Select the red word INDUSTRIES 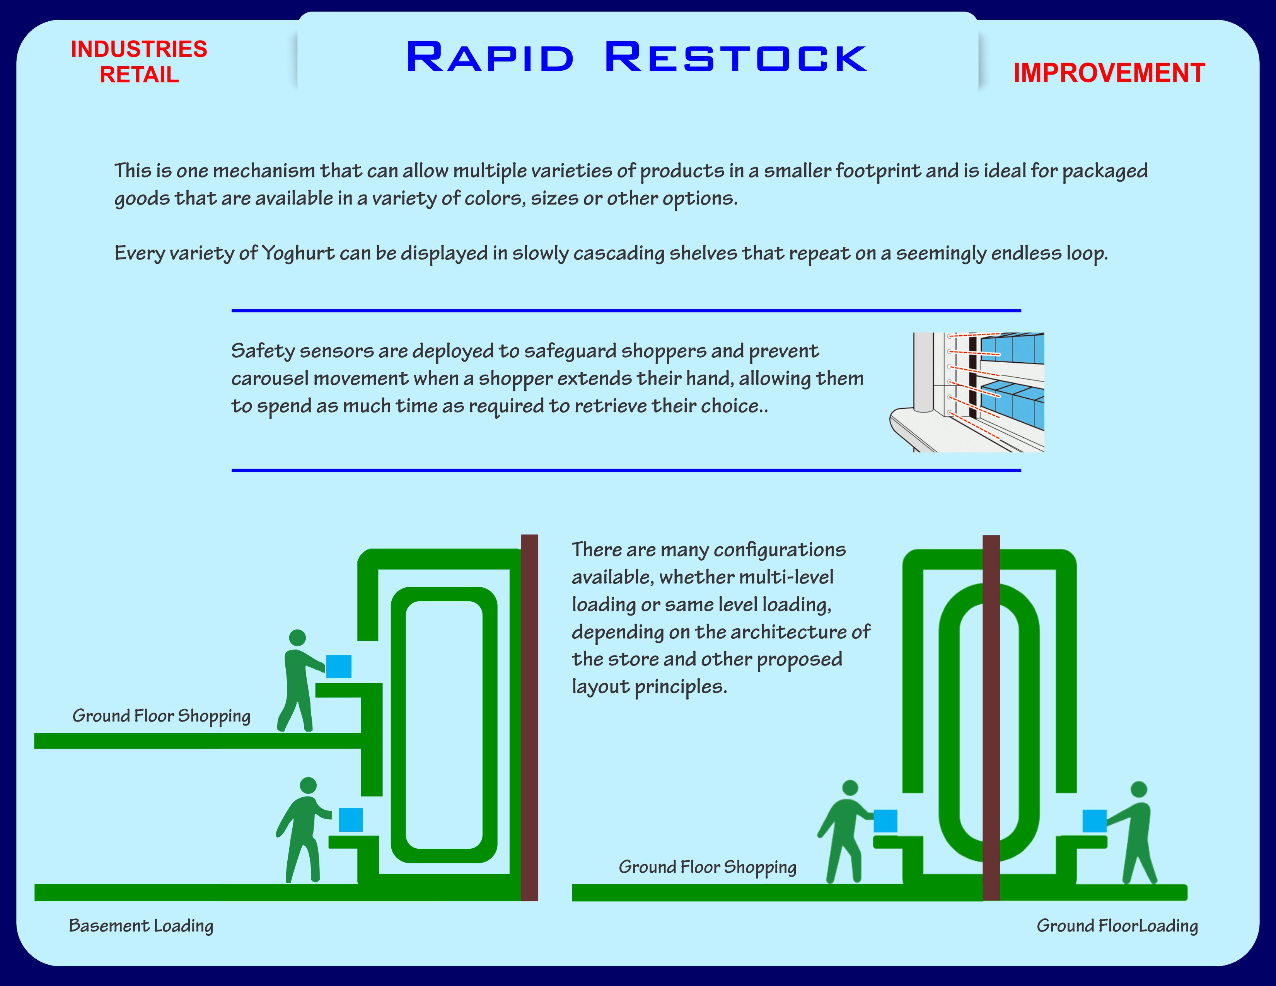coord(139,49)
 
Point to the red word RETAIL coord(139,75)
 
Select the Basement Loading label coord(141,925)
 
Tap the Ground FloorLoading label coord(1117,925)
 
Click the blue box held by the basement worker coord(351,819)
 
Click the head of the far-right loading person coord(1139,789)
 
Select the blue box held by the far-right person coord(1094,821)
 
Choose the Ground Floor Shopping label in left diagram coord(161,716)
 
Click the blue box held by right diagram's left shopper coord(885,821)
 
